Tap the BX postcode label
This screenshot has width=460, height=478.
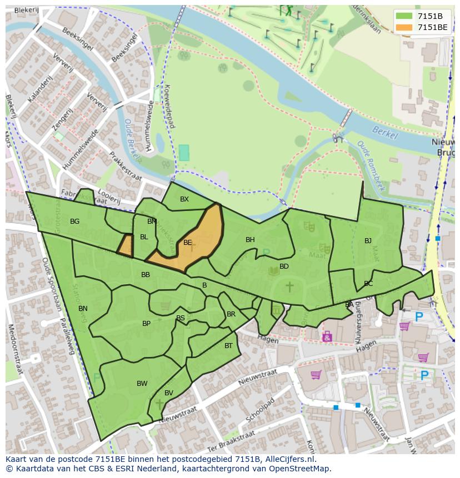pyautogui.click(x=184, y=199)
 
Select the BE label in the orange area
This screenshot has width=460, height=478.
pyautogui.click(x=188, y=243)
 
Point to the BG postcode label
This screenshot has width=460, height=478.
pyautogui.click(x=75, y=222)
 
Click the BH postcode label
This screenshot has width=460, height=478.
pyautogui.click(x=250, y=240)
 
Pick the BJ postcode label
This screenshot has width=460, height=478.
pyautogui.click(x=368, y=241)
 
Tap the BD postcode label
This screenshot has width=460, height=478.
pyautogui.click(x=284, y=266)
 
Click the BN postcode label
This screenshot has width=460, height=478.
pyautogui.click(x=83, y=309)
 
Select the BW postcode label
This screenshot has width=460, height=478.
pyautogui.click(x=142, y=384)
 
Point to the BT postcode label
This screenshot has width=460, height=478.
pyautogui.click(x=228, y=346)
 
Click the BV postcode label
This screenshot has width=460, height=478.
pyautogui.click(x=169, y=393)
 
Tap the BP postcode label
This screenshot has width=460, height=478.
pyautogui.click(x=146, y=324)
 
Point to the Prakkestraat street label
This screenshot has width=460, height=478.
pyautogui.click(x=126, y=167)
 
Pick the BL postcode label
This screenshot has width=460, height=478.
pyautogui.click(x=144, y=237)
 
